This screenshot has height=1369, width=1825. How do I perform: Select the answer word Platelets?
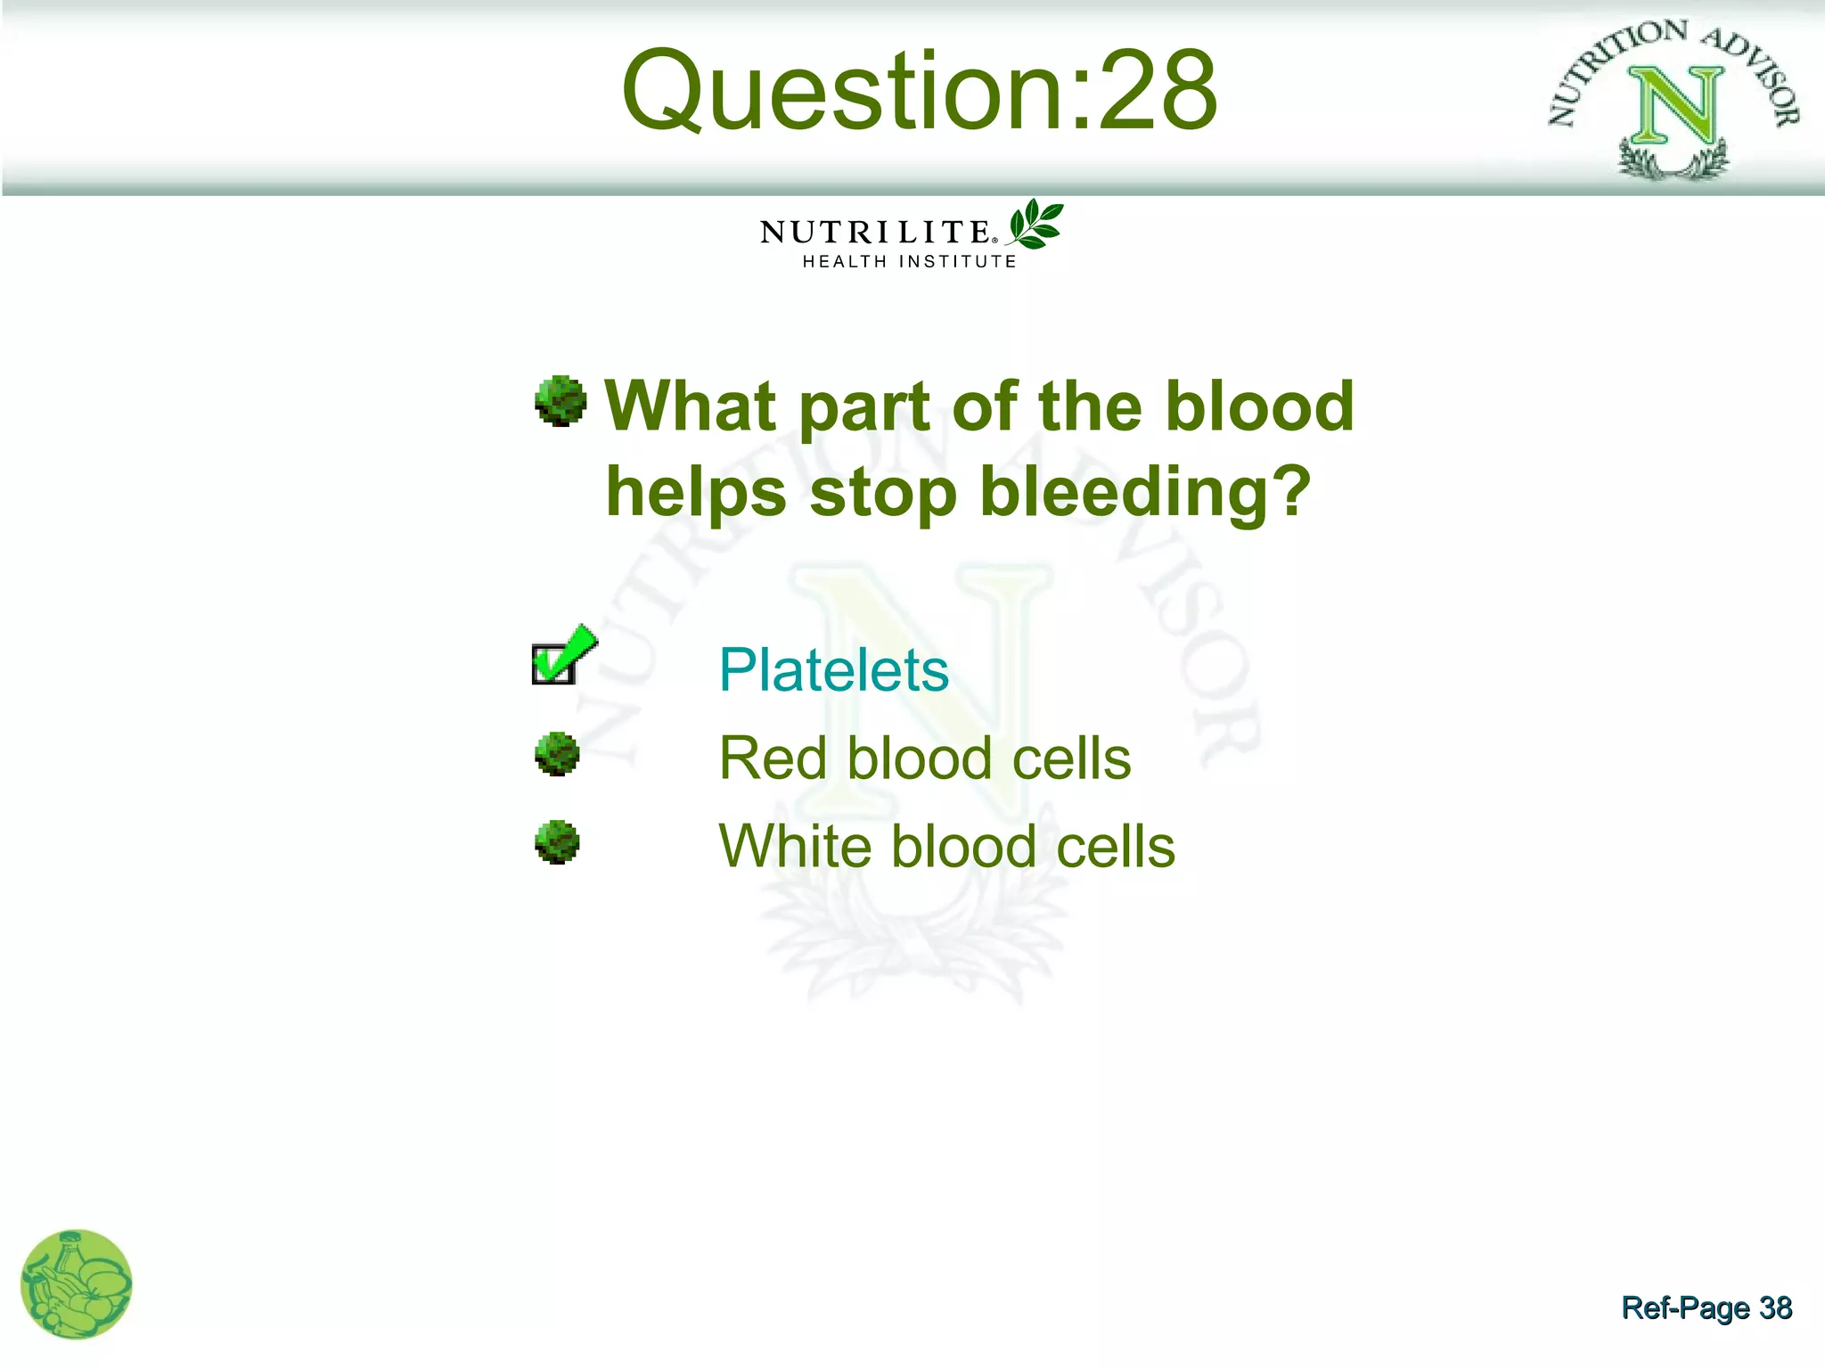[833, 669]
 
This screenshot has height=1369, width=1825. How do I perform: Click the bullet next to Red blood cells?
[558, 754]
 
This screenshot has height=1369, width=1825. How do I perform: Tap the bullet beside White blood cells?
[558, 842]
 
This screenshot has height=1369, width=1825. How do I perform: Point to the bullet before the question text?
[561, 401]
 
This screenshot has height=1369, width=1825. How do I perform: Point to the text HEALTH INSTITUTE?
[909, 261]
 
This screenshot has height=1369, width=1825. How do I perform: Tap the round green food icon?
[77, 1284]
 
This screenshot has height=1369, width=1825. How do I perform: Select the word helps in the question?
[696, 492]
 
